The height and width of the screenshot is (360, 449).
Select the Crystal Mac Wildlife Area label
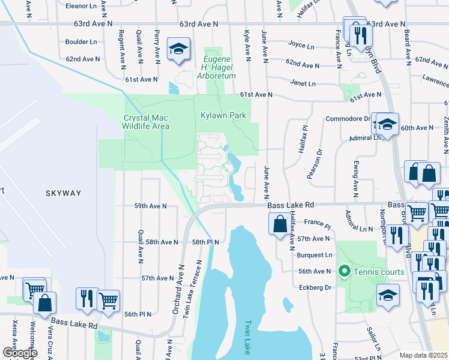tap(146, 122)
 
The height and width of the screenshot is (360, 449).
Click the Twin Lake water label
tap(247, 336)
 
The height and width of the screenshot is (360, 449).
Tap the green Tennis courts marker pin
tap(344, 271)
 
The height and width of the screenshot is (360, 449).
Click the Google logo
tap(20, 353)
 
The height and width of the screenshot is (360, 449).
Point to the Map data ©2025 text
tap(423, 355)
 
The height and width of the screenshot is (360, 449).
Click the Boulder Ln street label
tap(81, 42)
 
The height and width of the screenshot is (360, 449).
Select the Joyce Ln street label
tap(301, 45)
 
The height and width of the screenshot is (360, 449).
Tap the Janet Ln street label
tap(303, 83)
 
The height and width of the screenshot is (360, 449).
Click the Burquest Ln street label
tap(315, 255)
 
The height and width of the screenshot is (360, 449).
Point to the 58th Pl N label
tap(205, 242)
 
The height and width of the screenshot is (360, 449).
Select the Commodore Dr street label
tap(348, 119)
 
